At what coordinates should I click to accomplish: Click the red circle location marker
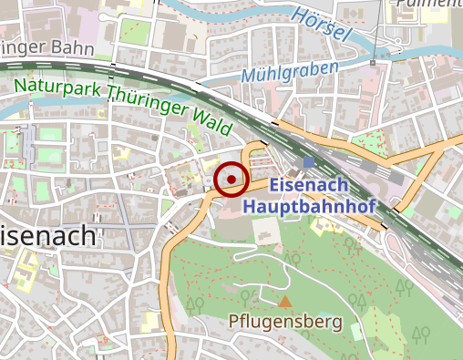pos(232,179)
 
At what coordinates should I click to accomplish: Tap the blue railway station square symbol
pos(309,162)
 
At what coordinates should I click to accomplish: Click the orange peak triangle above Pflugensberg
pos(285,301)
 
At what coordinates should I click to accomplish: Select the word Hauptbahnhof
pos(309,206)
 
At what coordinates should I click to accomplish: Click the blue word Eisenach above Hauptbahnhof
pos(309,186)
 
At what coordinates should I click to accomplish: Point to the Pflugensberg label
pos(285,322)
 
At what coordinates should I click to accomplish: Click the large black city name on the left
pos(47,236)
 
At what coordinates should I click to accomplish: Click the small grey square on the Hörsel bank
pos(373,64)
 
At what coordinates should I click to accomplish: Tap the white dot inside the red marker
pos(232,179)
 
